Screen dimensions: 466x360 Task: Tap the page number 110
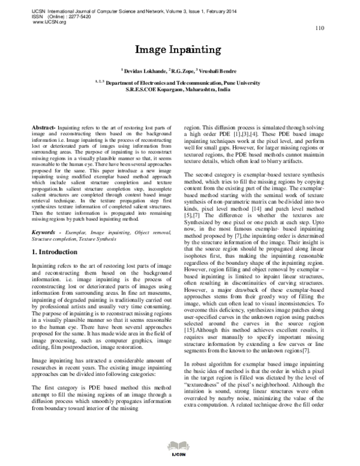(319, 28)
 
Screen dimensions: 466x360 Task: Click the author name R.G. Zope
(183, 71)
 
